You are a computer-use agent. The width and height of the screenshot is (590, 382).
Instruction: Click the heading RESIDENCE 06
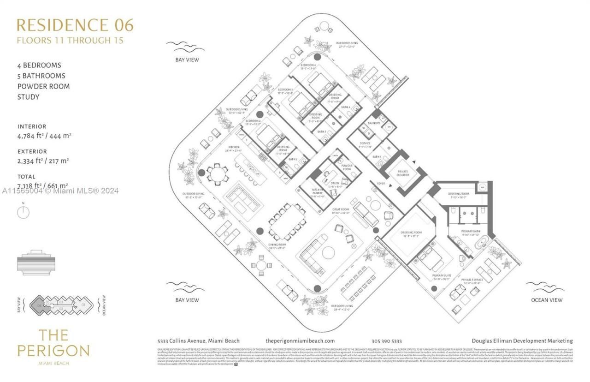coord(75,25)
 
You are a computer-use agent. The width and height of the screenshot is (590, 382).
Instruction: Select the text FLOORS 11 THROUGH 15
coord(70,40)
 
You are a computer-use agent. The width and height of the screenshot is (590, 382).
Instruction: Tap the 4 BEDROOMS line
coord(39,65)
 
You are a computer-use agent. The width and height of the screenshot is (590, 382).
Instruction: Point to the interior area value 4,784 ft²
coord(44,136)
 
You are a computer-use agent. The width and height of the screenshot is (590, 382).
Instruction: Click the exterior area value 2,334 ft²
coord(43,161)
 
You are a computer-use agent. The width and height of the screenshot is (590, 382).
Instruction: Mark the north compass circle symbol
coord(23,212)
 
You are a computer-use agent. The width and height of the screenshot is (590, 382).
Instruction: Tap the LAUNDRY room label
coord(373,123)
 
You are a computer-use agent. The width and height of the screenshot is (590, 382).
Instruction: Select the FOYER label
coord(380,183)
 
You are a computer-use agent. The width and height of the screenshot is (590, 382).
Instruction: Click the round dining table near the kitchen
coord(216,173)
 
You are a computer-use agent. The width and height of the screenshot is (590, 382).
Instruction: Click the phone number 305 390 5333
coord(386,341)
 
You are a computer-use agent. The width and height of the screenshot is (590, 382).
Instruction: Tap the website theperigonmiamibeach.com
coord(300,341)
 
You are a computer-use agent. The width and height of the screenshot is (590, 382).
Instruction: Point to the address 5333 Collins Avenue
coord(199,341)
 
